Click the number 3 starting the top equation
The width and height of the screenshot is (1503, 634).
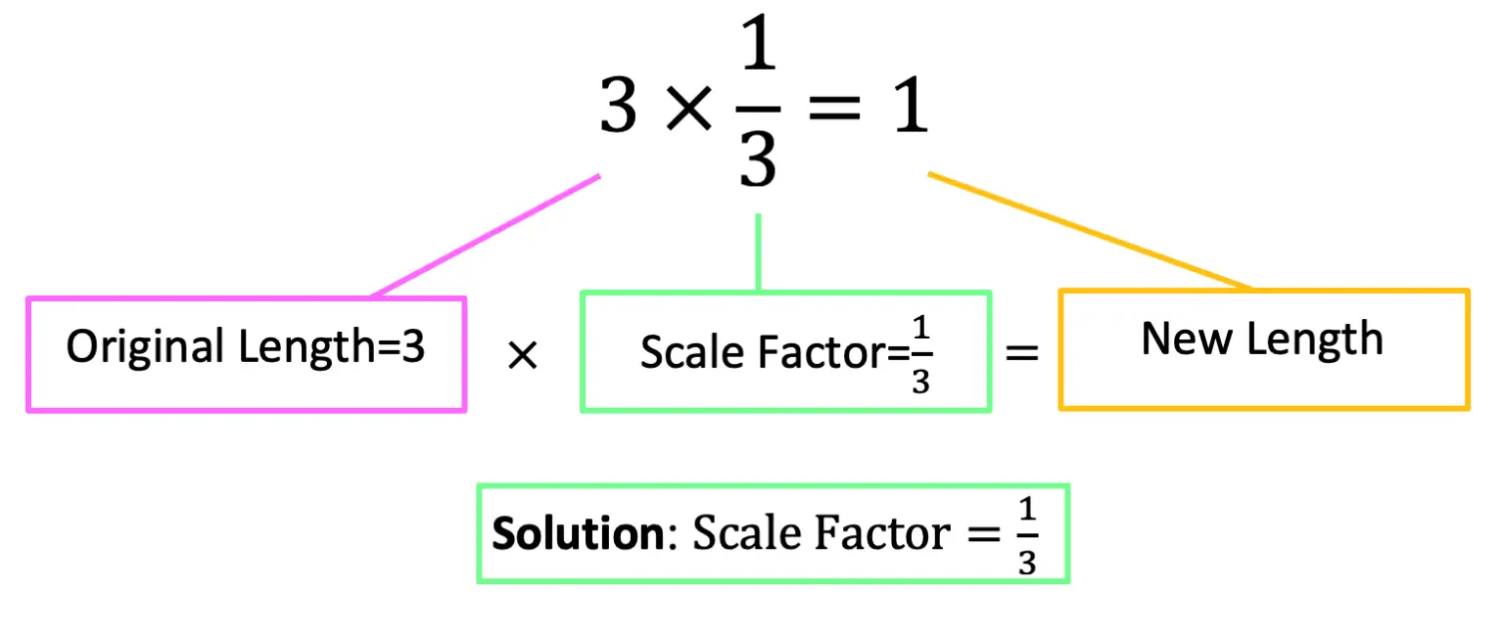click(x=619, y=109)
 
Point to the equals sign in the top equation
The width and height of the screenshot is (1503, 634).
click(x=833, y=111)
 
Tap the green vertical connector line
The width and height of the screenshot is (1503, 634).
click(x=759, y=251)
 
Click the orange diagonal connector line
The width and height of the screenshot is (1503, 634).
click(x=1089, y=231)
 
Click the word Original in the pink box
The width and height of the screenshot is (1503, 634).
click(x=144, y=347)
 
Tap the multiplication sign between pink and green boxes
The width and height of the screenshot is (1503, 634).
click(x=523, y=356)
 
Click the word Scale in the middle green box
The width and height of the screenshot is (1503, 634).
click(x=682, y=353)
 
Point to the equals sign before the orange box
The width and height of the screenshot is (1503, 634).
click(x=1022, y=353)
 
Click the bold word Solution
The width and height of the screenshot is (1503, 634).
click(x=578, y=535)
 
